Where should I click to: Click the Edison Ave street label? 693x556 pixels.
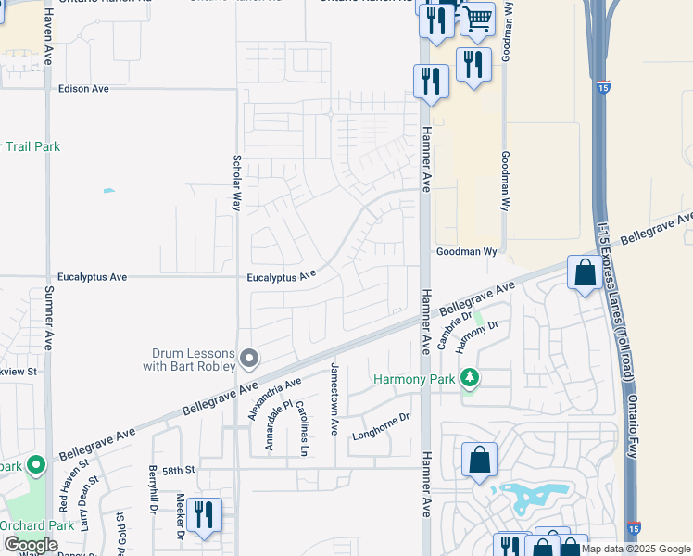pyautogui.click(x=83, y=89)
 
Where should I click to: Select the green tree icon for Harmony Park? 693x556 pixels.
pyautogui.click(x=471, y=378)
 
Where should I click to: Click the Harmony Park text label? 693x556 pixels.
pyautogui.click(x=414, y=379)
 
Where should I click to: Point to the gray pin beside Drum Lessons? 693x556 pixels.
pyautogui.click(x=248, y=358)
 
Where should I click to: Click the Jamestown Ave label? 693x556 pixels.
pyautogui.click(x=334, y=399)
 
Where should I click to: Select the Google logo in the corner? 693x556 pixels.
pyautogui.click(x=31, y=545)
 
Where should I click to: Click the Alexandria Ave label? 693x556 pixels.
pyautogui.click(x=275, y=398)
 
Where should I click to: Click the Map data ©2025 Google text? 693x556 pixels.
pyautogui.click(x=636, y=550)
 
